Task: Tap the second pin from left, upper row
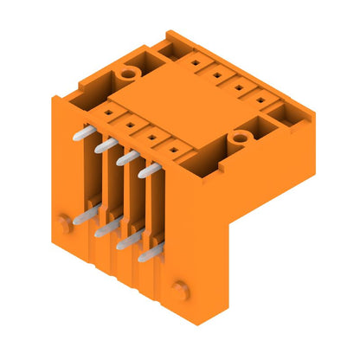pyautogui.click(x=103, y=147)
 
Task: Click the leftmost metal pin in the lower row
pyautogui.click(x=80, y=216)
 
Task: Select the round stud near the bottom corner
pyautogui.click(x=178, y=287)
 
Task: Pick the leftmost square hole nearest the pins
pyautogui.click(x=107, y=112)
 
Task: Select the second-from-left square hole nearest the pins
pyautogui.click(x=129, y=124)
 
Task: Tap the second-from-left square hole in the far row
pyautogui.click(x=215, y=75)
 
